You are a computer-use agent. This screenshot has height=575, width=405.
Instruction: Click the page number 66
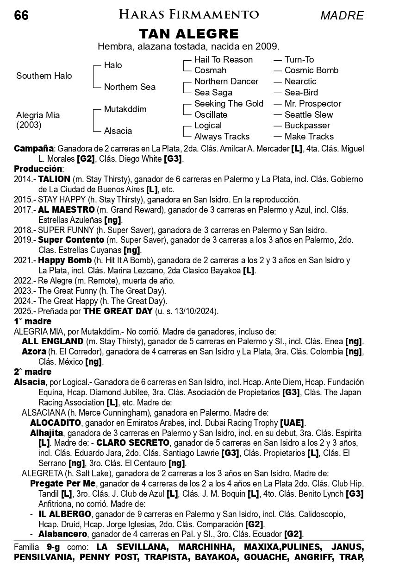pos(21,16)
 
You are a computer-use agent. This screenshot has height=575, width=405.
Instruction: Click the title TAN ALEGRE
pos(189,34)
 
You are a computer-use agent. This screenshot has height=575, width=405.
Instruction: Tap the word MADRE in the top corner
pos(342,16)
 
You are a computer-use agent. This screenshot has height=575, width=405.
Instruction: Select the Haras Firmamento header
pos(189,15)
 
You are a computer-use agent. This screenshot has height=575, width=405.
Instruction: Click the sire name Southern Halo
pos(44,76)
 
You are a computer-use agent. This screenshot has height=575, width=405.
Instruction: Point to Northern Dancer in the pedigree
pos(226,82)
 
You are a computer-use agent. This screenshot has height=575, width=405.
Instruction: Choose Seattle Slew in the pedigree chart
pos(309,114)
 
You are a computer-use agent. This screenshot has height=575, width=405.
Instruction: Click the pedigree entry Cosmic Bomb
pos(312,70)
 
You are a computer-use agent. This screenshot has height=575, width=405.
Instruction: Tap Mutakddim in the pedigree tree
pos(125,109)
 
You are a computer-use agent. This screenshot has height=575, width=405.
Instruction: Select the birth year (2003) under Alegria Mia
pos(29,125)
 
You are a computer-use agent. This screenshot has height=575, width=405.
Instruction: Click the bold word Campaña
pos(34,149)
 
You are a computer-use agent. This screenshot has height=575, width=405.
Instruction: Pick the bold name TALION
pos(54,179)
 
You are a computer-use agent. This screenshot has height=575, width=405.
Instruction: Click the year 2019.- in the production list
pos(25,240)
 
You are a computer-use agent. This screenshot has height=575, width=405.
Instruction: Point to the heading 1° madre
pos(32,322)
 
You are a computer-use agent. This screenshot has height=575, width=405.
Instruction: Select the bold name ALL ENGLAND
pos(53,341)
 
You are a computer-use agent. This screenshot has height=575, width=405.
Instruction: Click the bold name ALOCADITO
pos(56,423)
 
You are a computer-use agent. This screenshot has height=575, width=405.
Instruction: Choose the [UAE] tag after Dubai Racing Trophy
pos(293,423)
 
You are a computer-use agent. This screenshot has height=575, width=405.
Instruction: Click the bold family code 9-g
pos(53,547)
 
